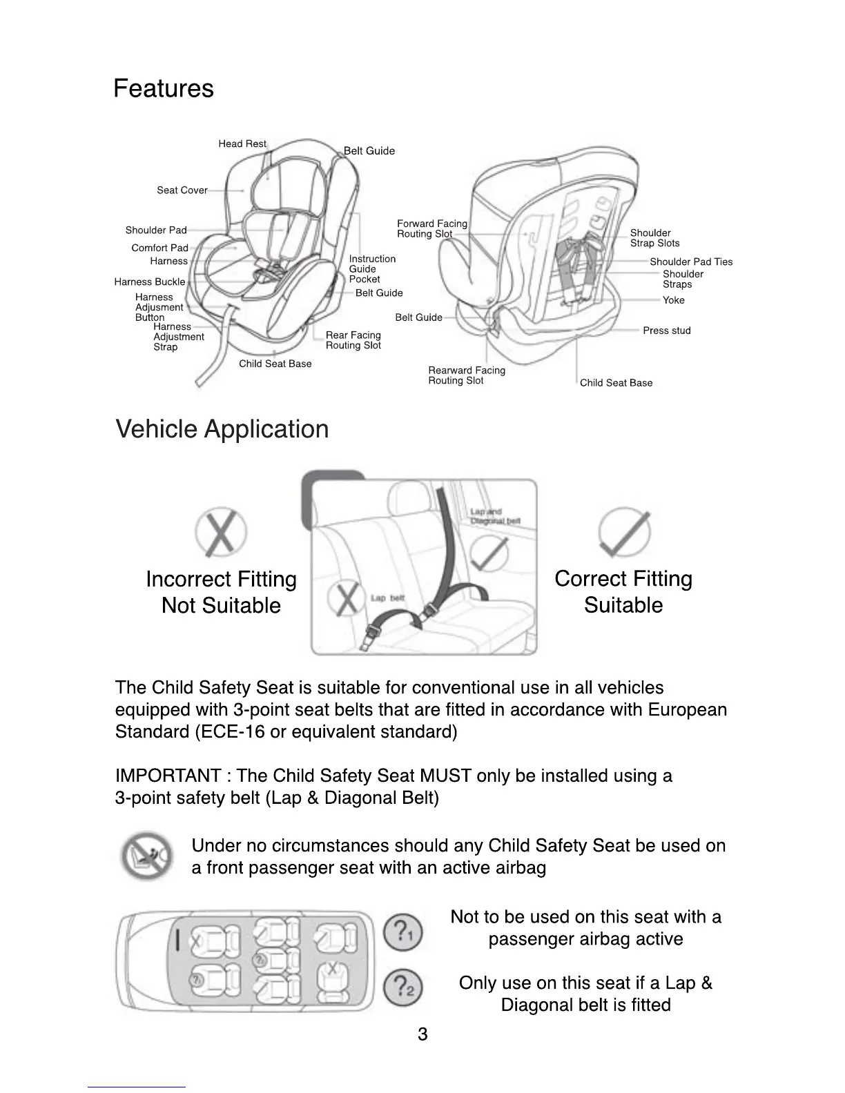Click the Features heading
coord(164,88)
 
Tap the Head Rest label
coord(242,144)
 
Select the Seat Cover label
coord(182,190)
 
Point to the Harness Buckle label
coord(150,282)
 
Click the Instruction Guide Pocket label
coord(372,269)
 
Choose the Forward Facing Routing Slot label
coord(431,228)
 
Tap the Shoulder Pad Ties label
coord(691,262)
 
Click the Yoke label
coord(673,300)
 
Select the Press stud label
coord(666,331)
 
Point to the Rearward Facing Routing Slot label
coord(467,375)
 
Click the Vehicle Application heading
coord(222,429)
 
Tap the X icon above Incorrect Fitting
coord(221,533)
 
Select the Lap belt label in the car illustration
coord(387,598)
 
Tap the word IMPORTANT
coord(168,776)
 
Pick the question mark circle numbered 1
coord(403,932)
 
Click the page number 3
coord(422,1034)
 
